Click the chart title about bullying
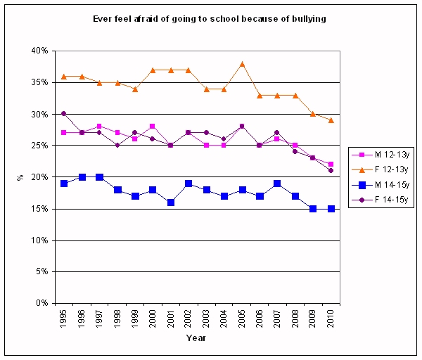[x=210, y=19]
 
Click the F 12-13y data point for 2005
[x=242, y=63]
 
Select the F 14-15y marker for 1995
[x=64, y=113]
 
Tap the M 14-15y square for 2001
[x=171, y=202]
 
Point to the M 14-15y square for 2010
[x=331, y=209]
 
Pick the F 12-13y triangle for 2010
[x=331, y=120]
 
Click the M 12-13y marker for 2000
[x=153, y=127]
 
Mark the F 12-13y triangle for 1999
[x=135, y=89]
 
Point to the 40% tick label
[x=39, y=51]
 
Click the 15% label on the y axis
[x=39, y=209]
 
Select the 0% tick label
[x=41, y=303]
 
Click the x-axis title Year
[x=196, y=338]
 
